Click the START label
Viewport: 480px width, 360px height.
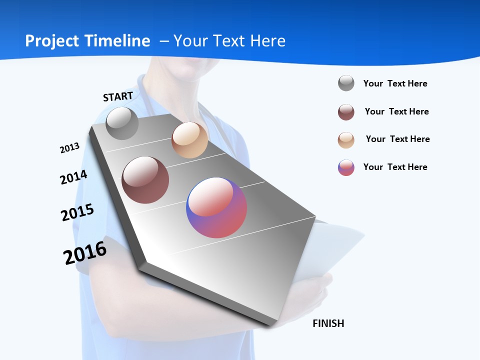pyautogui.click(x=118, y=96)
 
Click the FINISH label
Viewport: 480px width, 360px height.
pyautogui.click(x=328, y=323)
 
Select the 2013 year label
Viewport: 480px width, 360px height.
pyautogui.click(x=69, y=147)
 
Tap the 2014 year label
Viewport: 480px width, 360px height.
pyautogui.click(x=73, y=177)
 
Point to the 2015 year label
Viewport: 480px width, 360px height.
pyautogui.click(x=77, y=212)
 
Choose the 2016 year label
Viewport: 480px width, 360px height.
pyautogui.click(x=85, y=253)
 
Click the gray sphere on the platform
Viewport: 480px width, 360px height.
pyautogui.click(x=122, y=123)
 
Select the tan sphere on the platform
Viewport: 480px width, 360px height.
pyautogui.click(x=189, y=140)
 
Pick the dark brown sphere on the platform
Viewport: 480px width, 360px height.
pyautogui.click(x=145, y=180)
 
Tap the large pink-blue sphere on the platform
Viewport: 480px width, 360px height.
pyautogui.click(x=216, y=207)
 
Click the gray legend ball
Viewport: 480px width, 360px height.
pyautogui.click(x=346, y=83)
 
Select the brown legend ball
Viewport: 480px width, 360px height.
pyautogui.click(x=346, y=112)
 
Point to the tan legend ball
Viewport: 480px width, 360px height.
pyautogui.click(x=346, y=140)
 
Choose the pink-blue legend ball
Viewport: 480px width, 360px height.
pyautogui.click(x=346, y=167)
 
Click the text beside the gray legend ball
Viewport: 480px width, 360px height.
pyautogui.click(x=395, y=83)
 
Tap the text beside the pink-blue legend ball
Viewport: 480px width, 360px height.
pyautogui.click(x=395, y=167)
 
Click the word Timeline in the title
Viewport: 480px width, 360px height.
pyautogui.click(x=118, y=41)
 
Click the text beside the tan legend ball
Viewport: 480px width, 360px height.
pyautogui.click(x=397, y=139)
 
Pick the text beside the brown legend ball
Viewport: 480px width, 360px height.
pyautogui.click(x=396, y=111)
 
